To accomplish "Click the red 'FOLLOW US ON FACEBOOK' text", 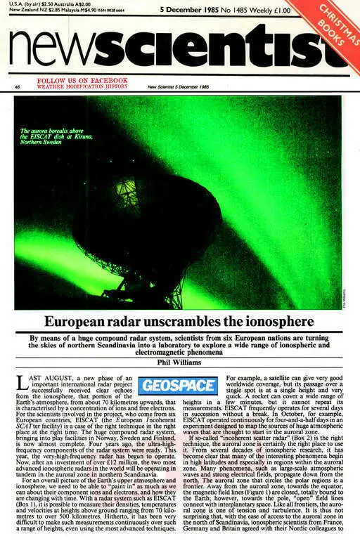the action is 82,81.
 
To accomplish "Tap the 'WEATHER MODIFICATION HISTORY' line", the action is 82,87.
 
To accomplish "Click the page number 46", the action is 16,87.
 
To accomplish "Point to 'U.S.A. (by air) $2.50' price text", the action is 34,4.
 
